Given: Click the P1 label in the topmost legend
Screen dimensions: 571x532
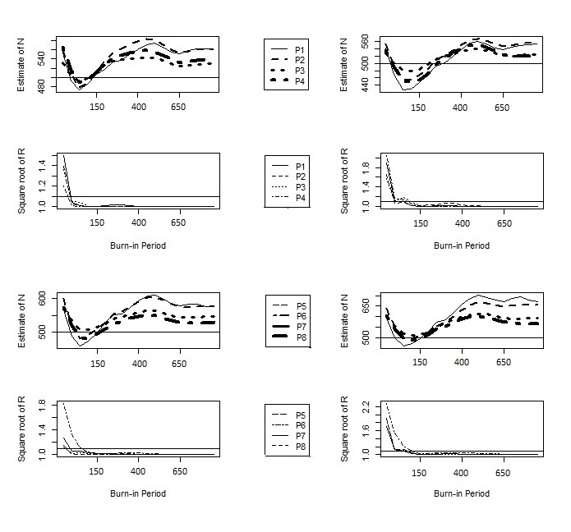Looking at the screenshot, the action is pos(300,50).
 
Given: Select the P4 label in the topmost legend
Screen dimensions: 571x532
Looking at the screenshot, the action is pos(300,81).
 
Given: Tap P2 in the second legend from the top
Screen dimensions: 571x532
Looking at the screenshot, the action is pos(301,177).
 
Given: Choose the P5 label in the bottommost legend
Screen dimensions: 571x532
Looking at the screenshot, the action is pos(301,415).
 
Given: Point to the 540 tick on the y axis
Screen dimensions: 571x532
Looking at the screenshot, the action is pos(42,58).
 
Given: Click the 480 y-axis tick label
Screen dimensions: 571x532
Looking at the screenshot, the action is pos(42,86).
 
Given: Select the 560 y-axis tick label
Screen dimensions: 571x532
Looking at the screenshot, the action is pos(365,42).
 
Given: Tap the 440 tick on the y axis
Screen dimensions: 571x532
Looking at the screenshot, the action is pos(365,85).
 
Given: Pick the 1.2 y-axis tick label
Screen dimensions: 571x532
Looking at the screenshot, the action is pos(42,186).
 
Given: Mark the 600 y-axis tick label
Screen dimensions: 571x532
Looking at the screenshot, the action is pos(42,298).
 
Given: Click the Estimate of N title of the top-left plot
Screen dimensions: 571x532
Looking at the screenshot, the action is pos(21,64).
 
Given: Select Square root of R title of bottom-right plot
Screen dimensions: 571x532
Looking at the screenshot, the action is pos(344,429).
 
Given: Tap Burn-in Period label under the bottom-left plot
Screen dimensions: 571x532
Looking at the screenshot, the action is pos(138,493).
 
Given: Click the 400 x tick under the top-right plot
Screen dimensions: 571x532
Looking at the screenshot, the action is pos(460,108).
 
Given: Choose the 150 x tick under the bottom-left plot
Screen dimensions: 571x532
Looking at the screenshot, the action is pos(96,471).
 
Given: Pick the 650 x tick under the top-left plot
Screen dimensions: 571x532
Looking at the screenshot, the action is pos(178,107).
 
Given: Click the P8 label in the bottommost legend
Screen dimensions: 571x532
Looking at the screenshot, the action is pos(301,447).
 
